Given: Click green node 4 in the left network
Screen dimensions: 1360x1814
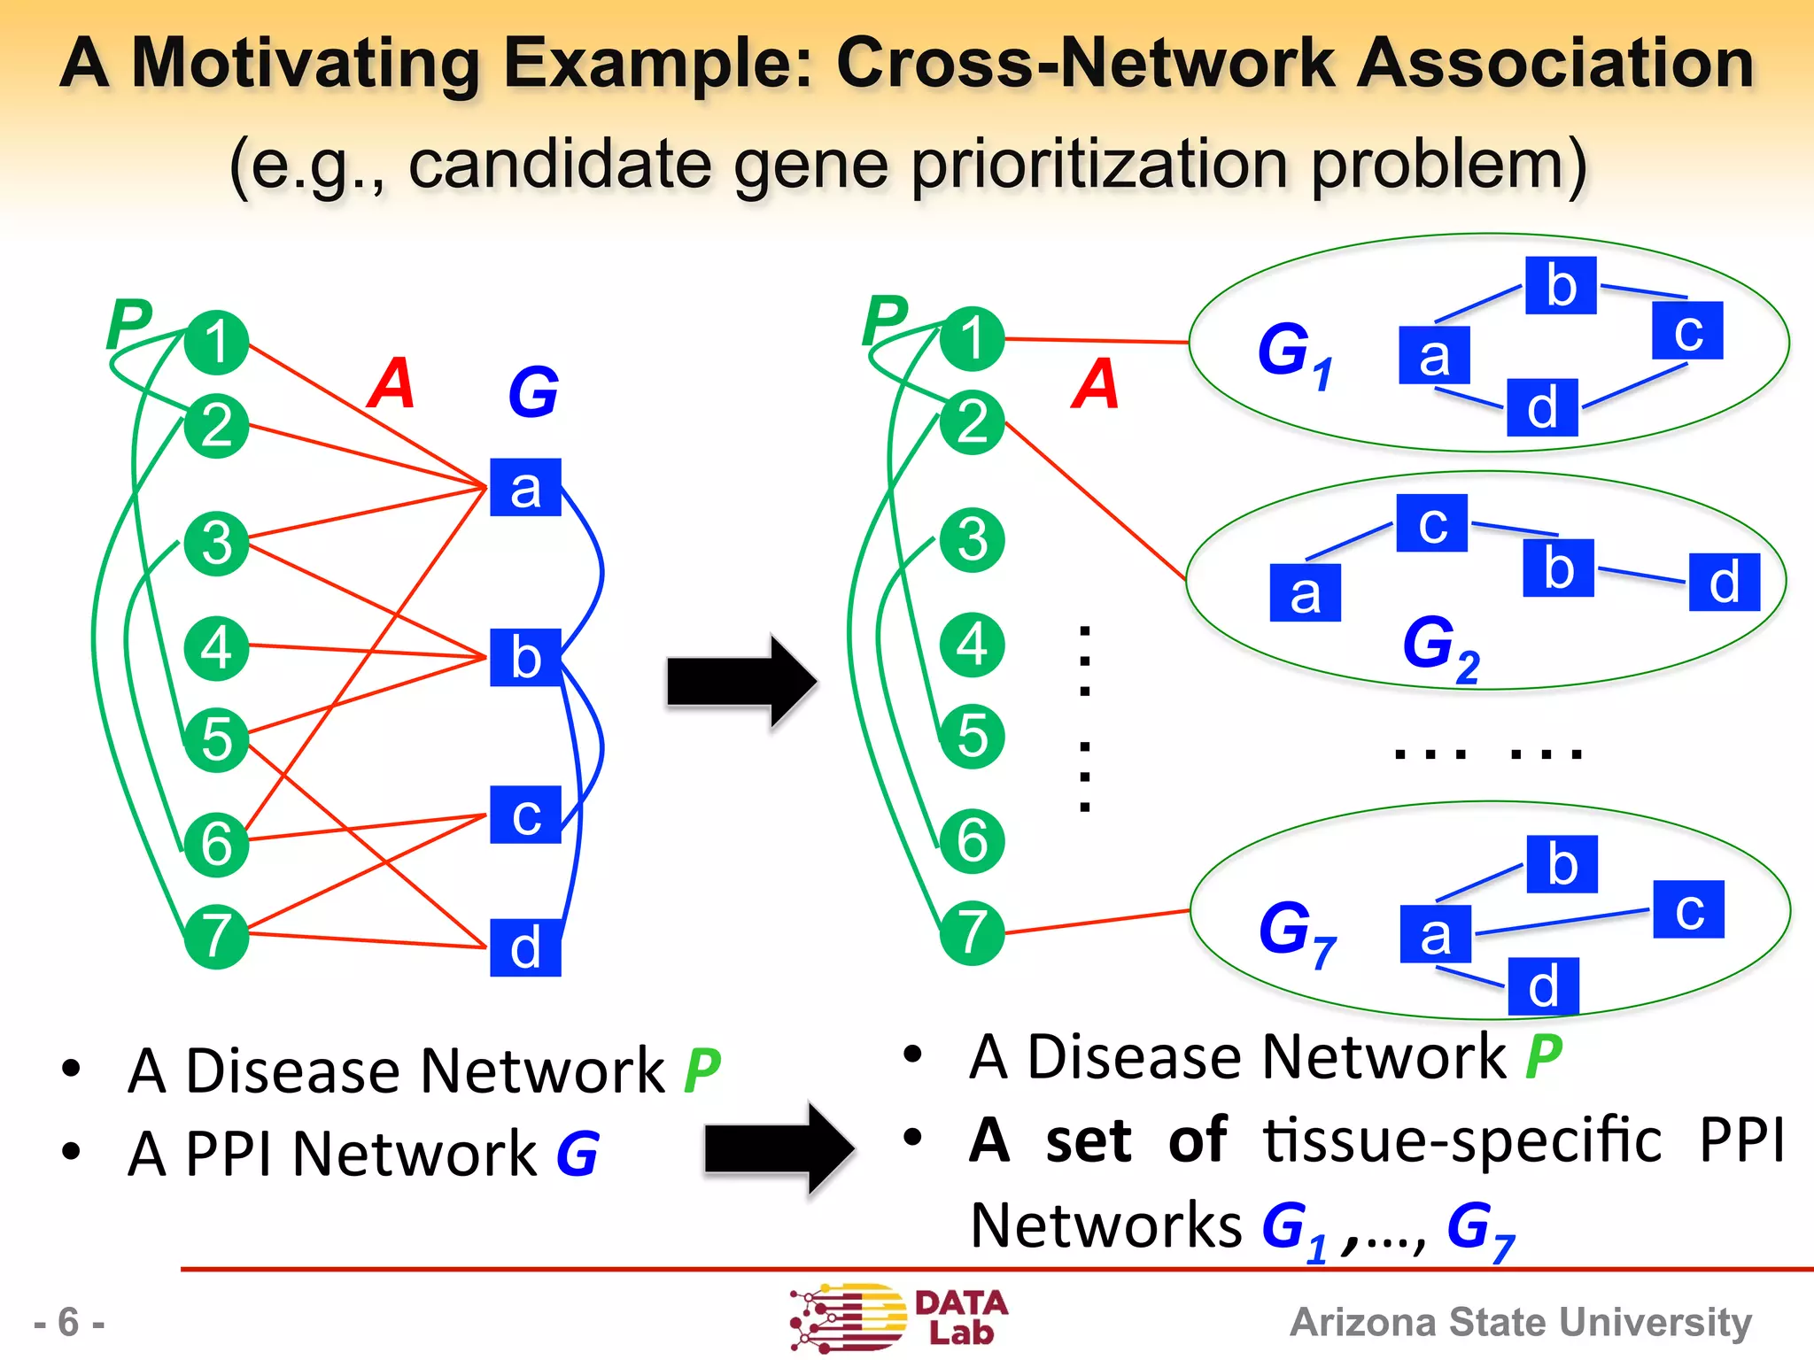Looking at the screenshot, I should coord(216,648).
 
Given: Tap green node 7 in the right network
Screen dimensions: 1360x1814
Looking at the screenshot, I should coord(972,932).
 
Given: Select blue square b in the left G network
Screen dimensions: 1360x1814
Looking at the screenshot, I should coord(525,657).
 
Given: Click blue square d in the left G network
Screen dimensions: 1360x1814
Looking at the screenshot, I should coord(525,947).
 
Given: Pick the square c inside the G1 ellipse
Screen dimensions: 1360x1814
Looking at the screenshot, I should coord(1687,330).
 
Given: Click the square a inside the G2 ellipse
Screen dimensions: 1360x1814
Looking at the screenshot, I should coord(1305,592).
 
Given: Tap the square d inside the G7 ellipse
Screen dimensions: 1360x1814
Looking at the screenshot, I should coord(1543,985).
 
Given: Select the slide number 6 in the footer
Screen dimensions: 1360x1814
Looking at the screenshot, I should coord(68,1322).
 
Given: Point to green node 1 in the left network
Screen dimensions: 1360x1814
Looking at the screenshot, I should coord(216,343).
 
